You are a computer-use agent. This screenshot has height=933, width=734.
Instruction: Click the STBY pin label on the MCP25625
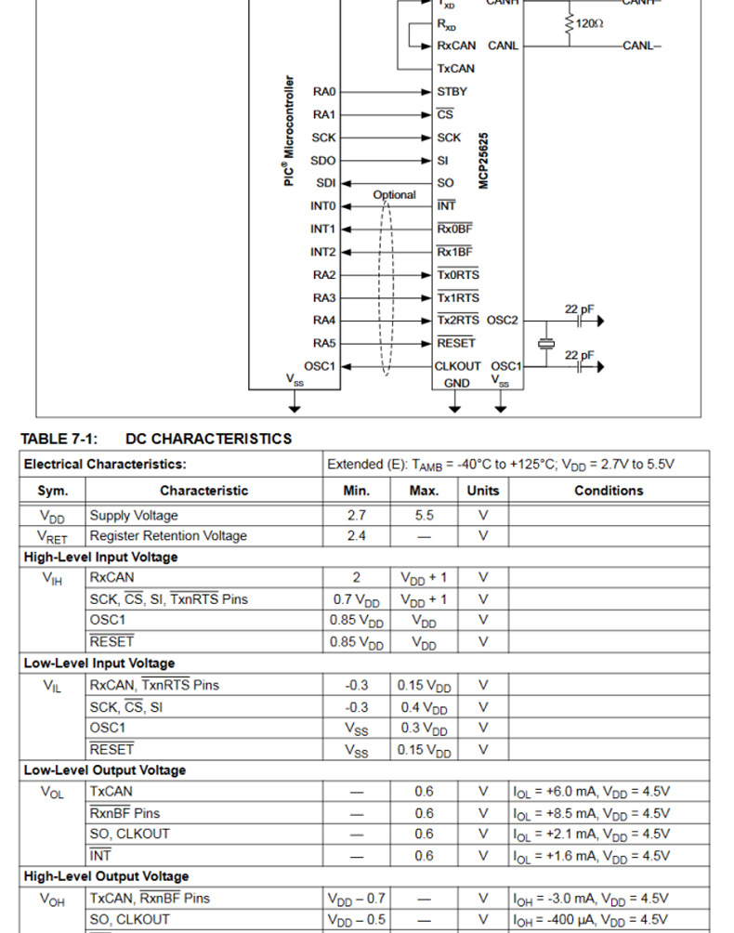pyautogui.click(x=452, y=92)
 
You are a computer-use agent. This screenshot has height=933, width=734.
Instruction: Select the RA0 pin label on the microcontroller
pyautogui.click(x=323, y=92)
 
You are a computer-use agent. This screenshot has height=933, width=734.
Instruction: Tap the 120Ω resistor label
pyautogui.click(x=589, y=22)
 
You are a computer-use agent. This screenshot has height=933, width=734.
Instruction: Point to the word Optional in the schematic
pyautogui.click(x=394, y=195)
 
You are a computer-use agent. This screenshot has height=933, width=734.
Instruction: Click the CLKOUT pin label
pyautogui.click(x=457, y=366)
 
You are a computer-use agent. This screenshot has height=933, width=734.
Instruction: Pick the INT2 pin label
pyautogui.click(x=322, y=252)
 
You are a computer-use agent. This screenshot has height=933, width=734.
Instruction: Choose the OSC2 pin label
pyautogui.click(x=503, y=321)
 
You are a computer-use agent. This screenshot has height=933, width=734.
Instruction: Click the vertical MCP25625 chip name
pyautogui.click(x=484, y=160)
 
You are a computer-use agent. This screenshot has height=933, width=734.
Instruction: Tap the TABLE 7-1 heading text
pyautogui.click(x=156, y=439)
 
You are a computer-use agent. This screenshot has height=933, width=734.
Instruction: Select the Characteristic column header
pyautogui.click(x=203, y=491)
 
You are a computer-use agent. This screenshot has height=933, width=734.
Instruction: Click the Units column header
pyautogui.click(x=482, y=491)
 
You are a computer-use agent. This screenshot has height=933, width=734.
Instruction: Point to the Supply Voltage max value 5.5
pyautogui.click(x=424, y=515)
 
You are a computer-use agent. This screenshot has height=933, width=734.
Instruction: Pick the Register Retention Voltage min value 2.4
pyautogui.click(x=356, y=535)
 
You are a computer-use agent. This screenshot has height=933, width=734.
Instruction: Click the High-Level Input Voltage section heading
pyautogui.click(x=100, y=557)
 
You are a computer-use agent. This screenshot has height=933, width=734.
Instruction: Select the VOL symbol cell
pyautogui.click(x=52, y=792)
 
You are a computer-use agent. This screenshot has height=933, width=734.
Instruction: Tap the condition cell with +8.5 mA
pyautogui.click(x=591, y=813)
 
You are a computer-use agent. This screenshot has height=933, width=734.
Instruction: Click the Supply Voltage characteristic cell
pyautogui.click(x=134, y=515)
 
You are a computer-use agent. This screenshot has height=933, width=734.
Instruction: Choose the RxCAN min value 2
pyautogui.click(x=356, y=577)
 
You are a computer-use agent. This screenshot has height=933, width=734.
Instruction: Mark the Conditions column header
pyautogui.click(x=609, y=491)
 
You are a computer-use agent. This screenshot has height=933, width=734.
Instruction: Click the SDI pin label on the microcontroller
pyautogui.click(x=325, y=183)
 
